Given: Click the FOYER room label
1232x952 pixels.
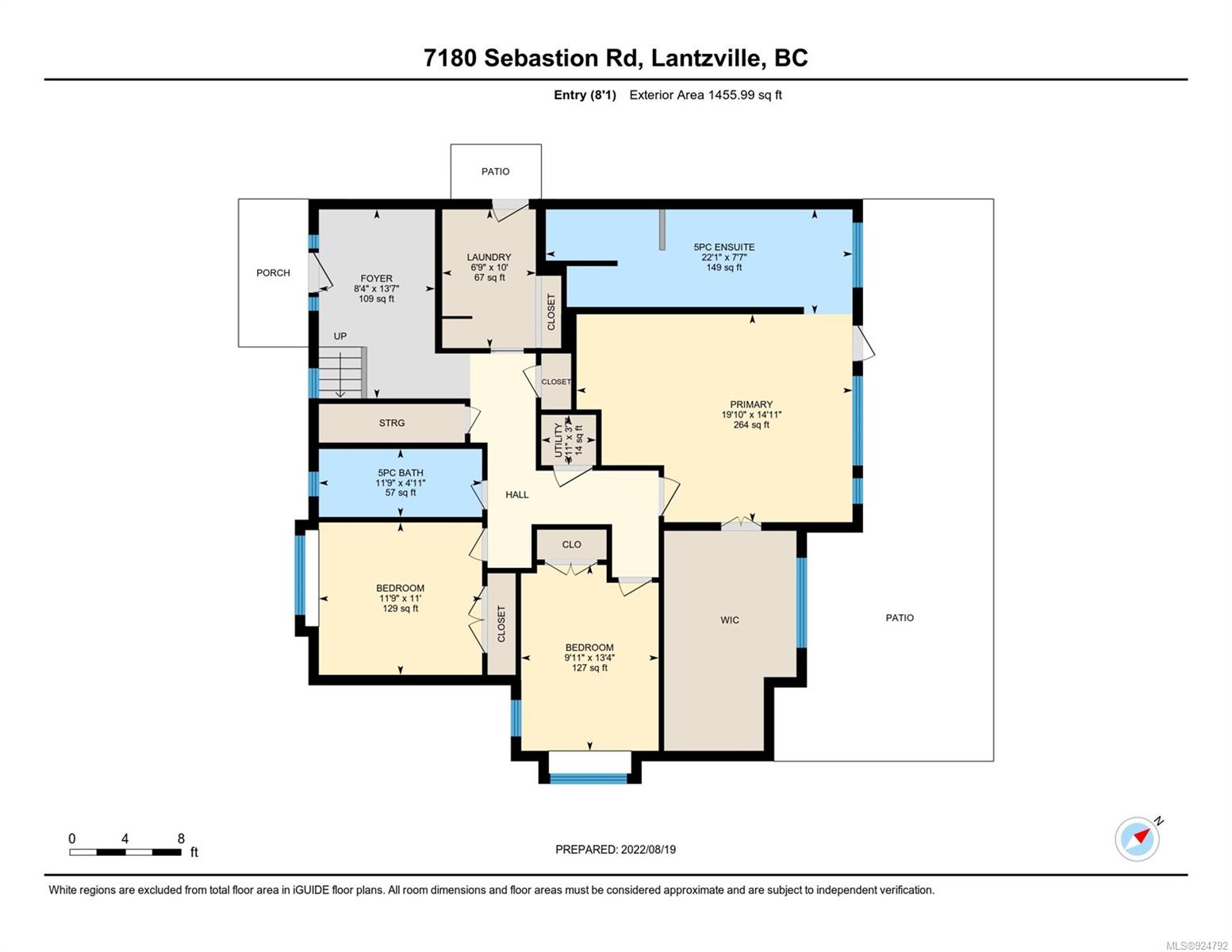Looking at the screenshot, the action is click(x=376, y=278).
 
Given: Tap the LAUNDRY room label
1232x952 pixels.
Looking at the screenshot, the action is click(x=489, y=257).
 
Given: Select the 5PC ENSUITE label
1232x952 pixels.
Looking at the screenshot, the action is click(x=724, y=247).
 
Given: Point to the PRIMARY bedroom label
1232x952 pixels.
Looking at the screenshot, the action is click(x=751, y=405).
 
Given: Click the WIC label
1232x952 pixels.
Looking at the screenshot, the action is click(x=730, y=620).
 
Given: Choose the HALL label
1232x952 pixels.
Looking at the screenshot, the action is click(x=516, y=494).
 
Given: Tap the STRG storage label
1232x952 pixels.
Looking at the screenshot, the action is click(x=392, y=422).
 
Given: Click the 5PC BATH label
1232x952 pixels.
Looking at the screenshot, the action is click(x=401, y=472).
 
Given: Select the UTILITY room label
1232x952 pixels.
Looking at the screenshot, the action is click(x=558, y=440).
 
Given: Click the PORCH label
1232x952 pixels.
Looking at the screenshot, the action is click(x=273, y=273).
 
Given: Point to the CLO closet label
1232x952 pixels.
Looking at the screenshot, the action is click(x=571, y=544).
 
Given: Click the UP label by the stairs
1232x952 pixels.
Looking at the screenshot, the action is click(x=340, y=336).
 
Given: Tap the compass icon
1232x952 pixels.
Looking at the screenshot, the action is click(x=1137, y=839).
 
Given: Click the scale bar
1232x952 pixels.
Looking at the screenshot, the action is click(x=125, y=851).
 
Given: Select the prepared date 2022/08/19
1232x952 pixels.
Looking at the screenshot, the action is click(x=648, y=850).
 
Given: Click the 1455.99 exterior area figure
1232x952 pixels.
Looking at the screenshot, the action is click(x=731, y=94).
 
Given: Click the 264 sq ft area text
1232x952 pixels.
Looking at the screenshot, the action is click(x=751, y=424).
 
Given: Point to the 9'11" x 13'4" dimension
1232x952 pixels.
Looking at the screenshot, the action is click(x=589, y=658).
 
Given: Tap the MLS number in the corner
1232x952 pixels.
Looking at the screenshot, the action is click(x=1196, y=946).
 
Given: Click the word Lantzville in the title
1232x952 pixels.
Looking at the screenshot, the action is click(x=705, y=58).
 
